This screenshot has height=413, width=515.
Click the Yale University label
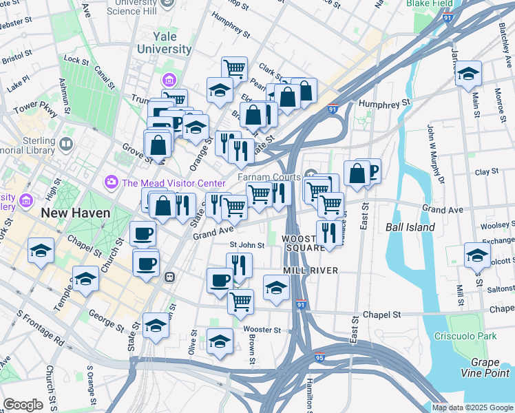pos(164,43)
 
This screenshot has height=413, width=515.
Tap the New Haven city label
pos(75,213)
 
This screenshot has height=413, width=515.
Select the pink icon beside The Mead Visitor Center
pos(111,182)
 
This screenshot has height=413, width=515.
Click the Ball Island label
pos(410,226)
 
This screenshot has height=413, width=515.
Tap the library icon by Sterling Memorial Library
pos(66,145)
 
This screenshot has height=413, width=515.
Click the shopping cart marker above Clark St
pos(234,68)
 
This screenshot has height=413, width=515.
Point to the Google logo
pos(23,404)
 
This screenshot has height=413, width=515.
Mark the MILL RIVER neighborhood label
pos(310,271)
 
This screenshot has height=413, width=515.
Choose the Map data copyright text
pos(472,407)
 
